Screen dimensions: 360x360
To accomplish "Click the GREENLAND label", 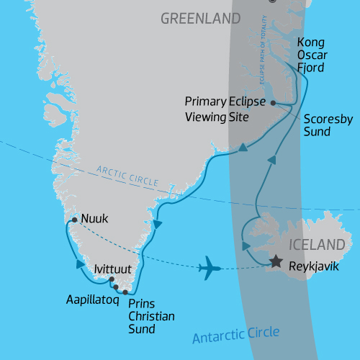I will pyautogui.click(x=202, y=17).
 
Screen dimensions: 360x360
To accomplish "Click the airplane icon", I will pyautogui.click(x=210, y=268).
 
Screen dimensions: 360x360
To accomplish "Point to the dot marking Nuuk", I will pyautogui.click(x=74, y=219).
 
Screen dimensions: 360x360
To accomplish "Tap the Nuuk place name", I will pyautogui.click(x=95, y=218).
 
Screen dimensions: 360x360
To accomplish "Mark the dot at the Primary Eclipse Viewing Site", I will pyautogui.click(x=273, y=103).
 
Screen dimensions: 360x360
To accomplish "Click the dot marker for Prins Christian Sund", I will pyautogui.click(x=125, y=292).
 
